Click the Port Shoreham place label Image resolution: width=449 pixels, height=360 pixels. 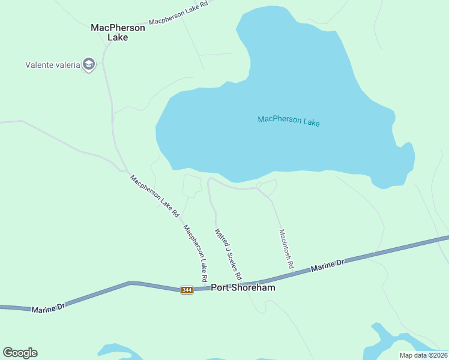click(x=243, y=287)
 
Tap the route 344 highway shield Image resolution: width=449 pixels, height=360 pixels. click(x=187, y=290)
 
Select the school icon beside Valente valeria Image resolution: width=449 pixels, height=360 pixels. click(x=89, y=64)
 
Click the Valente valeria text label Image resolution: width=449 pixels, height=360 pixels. click(x=53, y=65)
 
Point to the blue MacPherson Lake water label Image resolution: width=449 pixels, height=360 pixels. click(x=289, y=121)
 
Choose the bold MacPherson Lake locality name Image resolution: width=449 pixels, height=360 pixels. click(x=118, y=32)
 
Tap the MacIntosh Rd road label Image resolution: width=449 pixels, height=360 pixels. click(x=286, y=248)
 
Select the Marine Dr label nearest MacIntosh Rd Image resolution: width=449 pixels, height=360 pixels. click(x=328, y=266)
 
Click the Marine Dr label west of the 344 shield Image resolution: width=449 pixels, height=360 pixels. click(x=47, y=308)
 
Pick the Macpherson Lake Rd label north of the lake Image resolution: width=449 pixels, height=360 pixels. click(x=178, y=13)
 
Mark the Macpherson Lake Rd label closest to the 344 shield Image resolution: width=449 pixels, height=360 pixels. click(x=195, y=253)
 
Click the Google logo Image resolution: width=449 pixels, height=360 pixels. click(x=20, y=353)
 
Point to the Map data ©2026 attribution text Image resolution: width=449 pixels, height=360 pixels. click(x=424, y=355)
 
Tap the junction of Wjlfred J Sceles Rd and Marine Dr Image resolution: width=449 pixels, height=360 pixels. click(x=243, y=284)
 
